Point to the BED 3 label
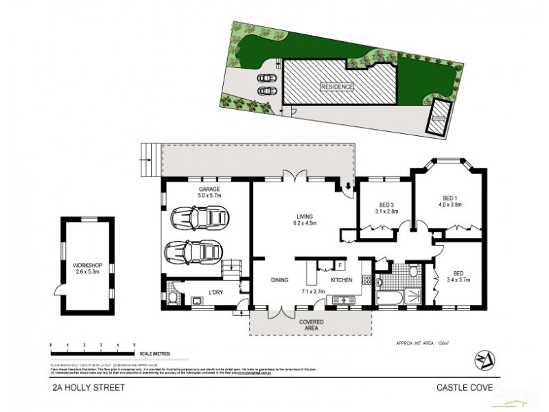coord(386,204)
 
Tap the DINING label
coord(279,280)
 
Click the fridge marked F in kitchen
coord(340,264)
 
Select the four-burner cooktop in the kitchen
coord(366,280)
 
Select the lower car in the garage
coord(194,252)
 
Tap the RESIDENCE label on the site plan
coord(336,87)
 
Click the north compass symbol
coord(483,360)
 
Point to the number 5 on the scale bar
coord(135,345)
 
